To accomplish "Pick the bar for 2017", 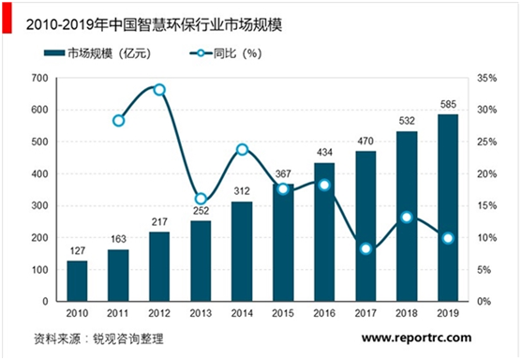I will tap(365, 226).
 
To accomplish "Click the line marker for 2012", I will tap(159, 90).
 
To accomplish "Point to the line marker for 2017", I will tap(365, 248).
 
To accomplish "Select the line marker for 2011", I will tap(118, 120).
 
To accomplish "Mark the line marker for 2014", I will tap(241, 149).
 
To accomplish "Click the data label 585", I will tap(447, 105).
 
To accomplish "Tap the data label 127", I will tap(77, 250).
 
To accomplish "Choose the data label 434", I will tap(323, 153).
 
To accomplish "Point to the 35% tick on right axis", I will tap(487, 78).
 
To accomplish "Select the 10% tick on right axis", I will tap(487, 238).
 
